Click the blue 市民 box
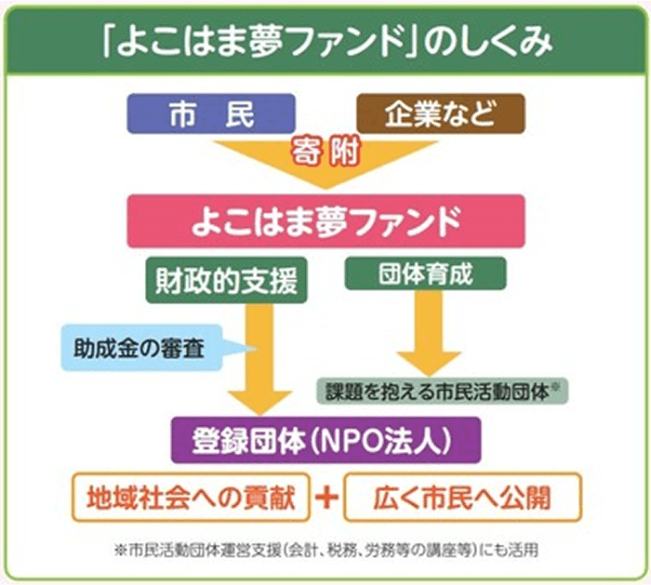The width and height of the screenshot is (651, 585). tap(210, 113)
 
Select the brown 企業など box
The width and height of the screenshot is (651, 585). tap(441, 113)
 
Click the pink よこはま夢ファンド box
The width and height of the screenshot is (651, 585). tap(325, 221)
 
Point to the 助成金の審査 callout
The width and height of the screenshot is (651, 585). tap(149, 350)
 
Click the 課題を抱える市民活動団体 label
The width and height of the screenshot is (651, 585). tap(437, 390)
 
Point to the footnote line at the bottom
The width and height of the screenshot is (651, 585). tap(325, 550)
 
